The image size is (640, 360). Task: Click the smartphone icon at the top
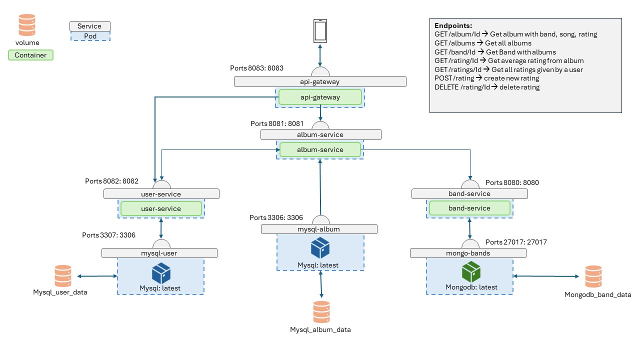tap(320, 31)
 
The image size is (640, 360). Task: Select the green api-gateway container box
tap(319, 97)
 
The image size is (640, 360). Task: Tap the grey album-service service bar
tap(320, 134)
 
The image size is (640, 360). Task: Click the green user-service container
tap(161, 208)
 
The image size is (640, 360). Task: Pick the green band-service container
tap(469, 208)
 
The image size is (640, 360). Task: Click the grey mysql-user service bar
tap(159, 253)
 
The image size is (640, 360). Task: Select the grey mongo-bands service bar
tap(468, 253)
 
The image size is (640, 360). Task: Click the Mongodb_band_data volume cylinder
tap(593, 276)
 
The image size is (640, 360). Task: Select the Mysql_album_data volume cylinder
tap(321, 312)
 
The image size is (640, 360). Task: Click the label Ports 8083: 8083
tap(256, 67)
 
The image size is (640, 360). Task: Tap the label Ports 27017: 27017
tap(516, 242)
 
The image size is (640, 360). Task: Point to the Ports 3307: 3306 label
tap(108, 234)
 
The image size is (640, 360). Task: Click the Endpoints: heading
tap(453, 25)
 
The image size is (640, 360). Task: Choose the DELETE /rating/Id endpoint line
tap(487, 87)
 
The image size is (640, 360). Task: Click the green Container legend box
tap(30, 55)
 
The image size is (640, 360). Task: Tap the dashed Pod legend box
tap(90, 36)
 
